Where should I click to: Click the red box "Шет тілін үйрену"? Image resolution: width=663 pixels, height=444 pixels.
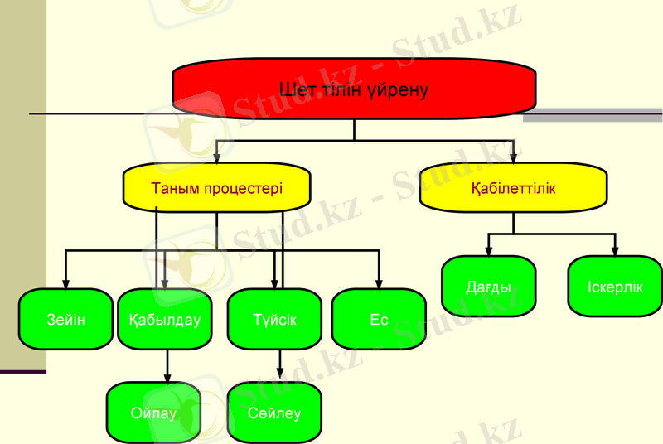point(354,89)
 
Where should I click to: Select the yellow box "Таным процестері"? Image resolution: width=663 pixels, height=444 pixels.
point(216,188)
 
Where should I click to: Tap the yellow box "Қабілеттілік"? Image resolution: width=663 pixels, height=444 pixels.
point(513,188)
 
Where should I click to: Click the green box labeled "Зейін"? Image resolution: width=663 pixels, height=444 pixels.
point(65,319)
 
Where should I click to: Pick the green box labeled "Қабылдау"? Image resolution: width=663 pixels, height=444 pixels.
point(165,319)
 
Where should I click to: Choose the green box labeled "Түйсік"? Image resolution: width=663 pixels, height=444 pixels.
point(274,319)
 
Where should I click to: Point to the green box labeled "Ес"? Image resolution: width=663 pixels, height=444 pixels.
point(379,319)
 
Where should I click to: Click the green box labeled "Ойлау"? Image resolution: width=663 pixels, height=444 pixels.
point(154,413)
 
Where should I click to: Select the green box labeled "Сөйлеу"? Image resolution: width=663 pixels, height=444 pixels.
point(274,413)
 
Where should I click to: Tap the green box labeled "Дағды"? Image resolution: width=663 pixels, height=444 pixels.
point(488,287)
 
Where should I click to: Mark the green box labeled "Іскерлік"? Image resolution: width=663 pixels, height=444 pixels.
point(615,287)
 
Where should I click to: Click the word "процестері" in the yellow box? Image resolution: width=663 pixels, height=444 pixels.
point(245,188)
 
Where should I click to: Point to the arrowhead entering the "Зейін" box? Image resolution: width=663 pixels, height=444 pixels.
point(65,283)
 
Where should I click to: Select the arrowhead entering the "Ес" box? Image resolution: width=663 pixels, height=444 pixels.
point(379,283)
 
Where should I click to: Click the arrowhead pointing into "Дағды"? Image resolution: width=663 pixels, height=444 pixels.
point(488,251)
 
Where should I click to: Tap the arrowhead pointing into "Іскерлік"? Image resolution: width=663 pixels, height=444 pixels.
point(615,251)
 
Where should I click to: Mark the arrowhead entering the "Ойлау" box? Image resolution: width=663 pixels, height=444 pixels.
point(168,377)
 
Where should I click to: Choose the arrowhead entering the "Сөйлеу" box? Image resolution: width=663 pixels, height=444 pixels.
point(279,377)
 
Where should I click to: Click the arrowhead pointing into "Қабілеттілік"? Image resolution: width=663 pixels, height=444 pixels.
point(513,157)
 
